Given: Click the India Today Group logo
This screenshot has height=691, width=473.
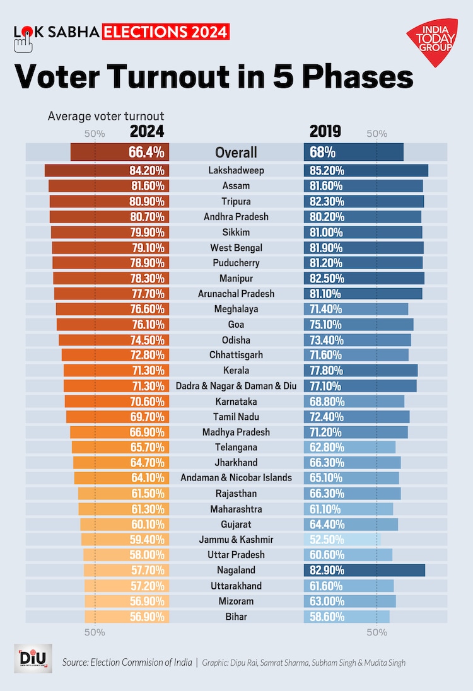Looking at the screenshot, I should [432, 42].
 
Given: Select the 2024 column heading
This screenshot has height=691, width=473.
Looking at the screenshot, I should [147, 131].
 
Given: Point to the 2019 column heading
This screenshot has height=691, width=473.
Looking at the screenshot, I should [325, 131].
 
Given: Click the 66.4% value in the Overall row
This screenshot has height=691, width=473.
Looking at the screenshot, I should [146, 152].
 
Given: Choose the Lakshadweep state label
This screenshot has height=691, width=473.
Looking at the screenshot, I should [237, 170].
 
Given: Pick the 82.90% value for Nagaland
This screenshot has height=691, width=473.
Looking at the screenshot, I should [324, 571].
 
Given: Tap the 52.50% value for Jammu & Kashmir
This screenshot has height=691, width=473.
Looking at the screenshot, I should [324, 540].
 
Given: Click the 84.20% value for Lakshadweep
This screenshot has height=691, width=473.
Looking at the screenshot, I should [146, 170].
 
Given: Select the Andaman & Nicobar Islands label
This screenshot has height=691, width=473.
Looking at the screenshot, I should [237, 478].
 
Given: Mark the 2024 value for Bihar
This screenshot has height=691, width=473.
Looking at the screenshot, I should [146, 617].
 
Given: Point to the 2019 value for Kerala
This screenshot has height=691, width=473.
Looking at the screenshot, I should [324, 371].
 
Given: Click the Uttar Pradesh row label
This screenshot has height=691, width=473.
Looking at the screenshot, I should [237, 555].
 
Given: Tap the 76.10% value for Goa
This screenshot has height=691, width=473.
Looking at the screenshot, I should [146, 325].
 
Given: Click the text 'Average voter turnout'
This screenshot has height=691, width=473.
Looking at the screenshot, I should [106, 116].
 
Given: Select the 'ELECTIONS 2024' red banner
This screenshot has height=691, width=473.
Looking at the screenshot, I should [166, 32].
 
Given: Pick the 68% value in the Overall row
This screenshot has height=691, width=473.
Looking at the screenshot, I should [322, 152].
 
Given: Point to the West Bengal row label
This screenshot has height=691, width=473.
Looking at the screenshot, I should [237, 248].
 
